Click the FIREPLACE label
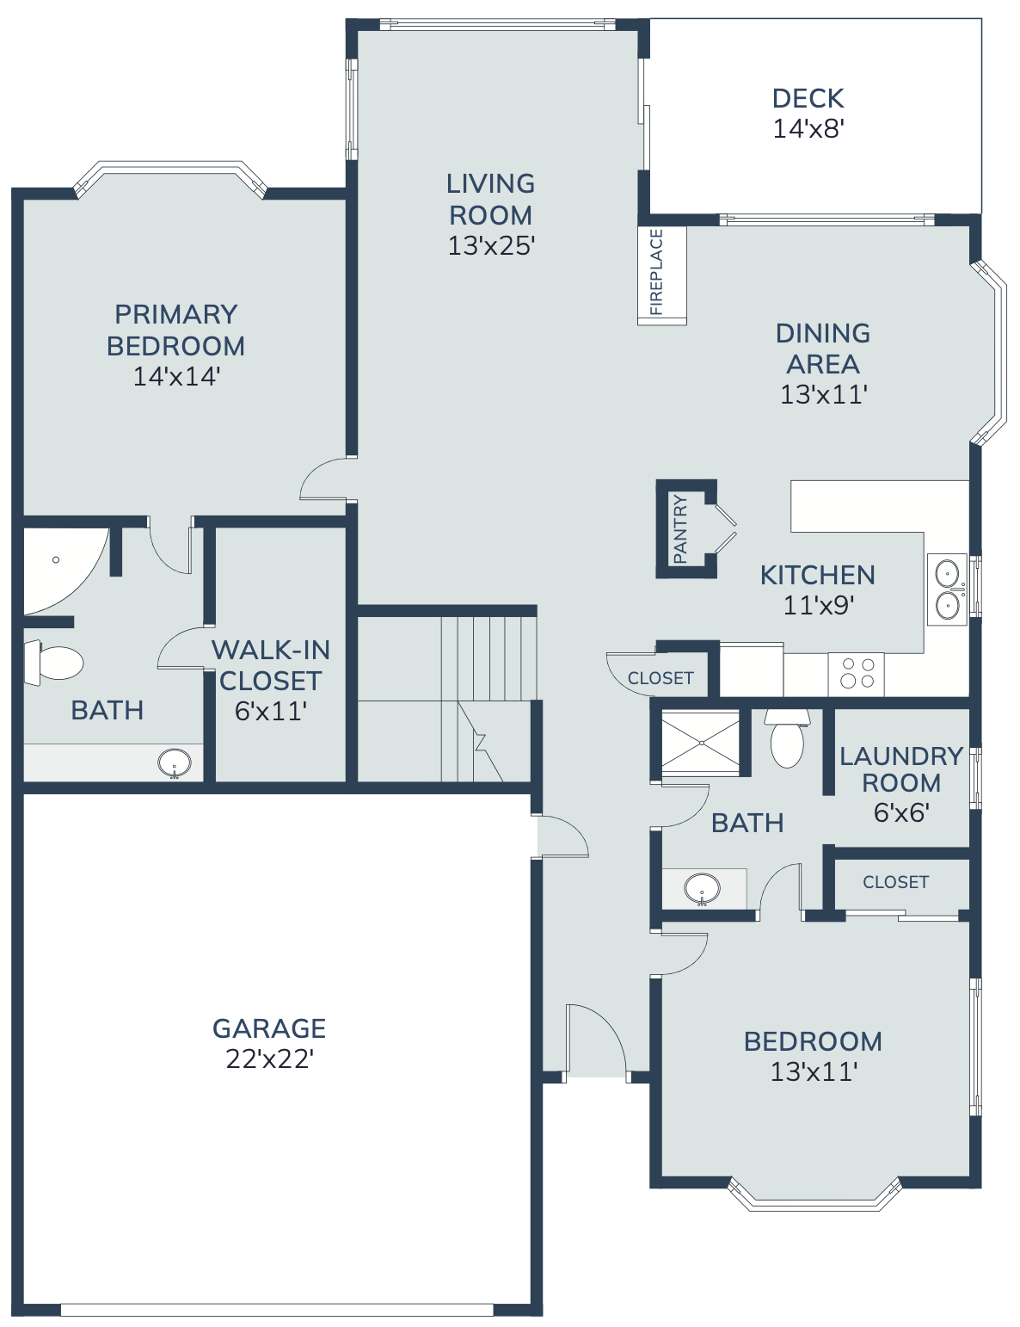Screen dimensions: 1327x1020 [x=656, y=272]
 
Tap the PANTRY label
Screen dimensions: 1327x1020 [x=680, y=529]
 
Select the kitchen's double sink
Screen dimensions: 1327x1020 [x=947, y=589]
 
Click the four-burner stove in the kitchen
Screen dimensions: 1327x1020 [x=857, y=674]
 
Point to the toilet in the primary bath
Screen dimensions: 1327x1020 [x=56, y=663]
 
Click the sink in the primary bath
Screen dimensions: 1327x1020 [x=175, y=762]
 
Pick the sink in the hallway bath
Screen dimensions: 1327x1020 [x=703, y=888]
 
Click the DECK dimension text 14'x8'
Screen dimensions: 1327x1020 [x=808, y=129]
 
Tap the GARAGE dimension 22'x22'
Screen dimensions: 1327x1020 [x=269, y=1059]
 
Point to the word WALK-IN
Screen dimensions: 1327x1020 [x=270, y=650]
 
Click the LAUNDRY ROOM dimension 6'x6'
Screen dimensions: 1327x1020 [x=900, y=813]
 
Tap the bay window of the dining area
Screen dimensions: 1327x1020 [x=994, y=354]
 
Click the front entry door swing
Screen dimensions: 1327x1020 [x=596, y=1040]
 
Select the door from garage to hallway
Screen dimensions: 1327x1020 [x=562, y=836]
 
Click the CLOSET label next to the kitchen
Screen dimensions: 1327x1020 [x=660, y=678]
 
